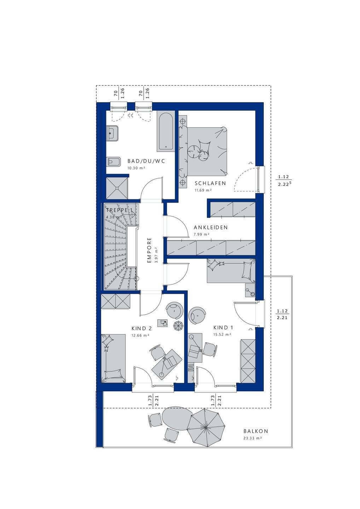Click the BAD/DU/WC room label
click(x=146, y=161)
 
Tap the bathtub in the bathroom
click(x=166, y=132)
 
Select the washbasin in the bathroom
click(x=112, y=134)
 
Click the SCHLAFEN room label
click(x=210, y=183)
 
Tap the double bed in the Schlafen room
click(x=205, y=151)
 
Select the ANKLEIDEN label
click(x=210, y=227)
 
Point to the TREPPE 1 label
click(x=120, y=210)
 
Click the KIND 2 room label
click(x=141, y=328)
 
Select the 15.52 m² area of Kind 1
click(x=222, y=334)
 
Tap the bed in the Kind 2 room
click(x=113, y=358)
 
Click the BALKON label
click(x=255, y=431)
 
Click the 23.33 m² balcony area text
click(x=252, y=438)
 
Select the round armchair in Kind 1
click(x=197, y=315)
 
